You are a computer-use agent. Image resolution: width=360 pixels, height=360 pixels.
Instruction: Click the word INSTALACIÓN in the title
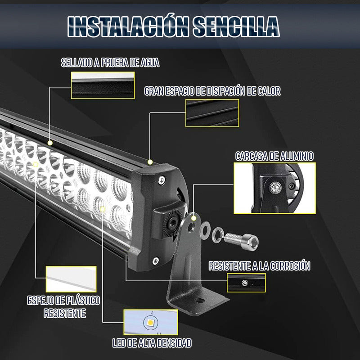128,27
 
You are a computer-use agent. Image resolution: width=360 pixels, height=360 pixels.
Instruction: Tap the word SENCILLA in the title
237,27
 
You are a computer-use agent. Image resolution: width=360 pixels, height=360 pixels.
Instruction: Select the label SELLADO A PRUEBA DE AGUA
110,63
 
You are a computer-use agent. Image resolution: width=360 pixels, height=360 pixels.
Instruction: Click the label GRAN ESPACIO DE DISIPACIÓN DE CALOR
212,91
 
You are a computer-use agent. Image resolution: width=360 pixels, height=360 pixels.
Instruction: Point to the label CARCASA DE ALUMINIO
274,156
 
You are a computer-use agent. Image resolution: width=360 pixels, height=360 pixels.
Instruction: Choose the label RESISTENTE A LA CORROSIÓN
260,266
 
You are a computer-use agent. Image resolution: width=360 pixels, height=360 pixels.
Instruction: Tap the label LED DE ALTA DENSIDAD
152,343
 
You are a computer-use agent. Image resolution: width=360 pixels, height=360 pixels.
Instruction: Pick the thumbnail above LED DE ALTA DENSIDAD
150,322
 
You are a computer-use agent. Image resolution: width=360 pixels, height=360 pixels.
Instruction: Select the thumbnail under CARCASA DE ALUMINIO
274,188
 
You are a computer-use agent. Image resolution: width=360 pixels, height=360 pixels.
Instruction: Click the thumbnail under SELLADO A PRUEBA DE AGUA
103,85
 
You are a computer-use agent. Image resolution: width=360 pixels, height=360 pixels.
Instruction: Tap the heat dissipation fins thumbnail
212,113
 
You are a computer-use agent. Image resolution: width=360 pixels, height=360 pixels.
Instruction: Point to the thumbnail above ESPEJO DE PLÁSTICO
71,279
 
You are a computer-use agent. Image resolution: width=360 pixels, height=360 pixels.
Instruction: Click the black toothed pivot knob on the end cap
171,221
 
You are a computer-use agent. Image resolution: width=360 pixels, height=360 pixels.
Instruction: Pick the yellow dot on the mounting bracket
194,218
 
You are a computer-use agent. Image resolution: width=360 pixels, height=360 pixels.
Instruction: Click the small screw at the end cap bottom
155,260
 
